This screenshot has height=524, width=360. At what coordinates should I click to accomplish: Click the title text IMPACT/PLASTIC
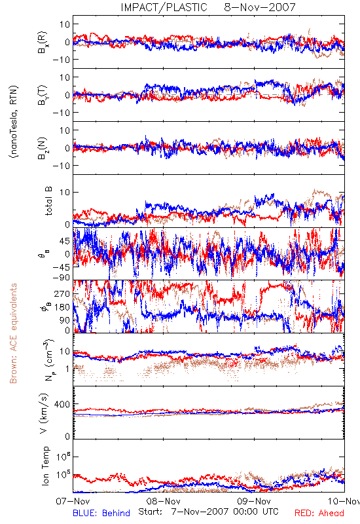pyautogui.click(x=164, y=7)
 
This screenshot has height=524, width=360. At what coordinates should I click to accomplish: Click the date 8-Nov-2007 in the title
pyautogui.click(x=260, y=7)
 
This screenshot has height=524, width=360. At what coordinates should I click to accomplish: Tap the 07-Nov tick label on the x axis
pyautogui.click(x=73, y=501)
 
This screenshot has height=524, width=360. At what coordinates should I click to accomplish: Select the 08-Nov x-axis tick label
pyautogui.click(x=163, y=501)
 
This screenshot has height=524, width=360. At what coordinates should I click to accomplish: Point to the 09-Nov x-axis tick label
pyautogui.click(x=254, y=501)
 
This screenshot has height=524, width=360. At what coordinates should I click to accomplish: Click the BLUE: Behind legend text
pyautogui.click(x=101, y=513)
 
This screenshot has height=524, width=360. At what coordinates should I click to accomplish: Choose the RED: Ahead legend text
pyautogui.click(x=319, y=513)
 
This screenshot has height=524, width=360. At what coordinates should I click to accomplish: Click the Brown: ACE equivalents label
pyautogui.click(x=13, y=333)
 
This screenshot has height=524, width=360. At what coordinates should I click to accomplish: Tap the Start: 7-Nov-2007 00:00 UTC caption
pyautogui.click(x=208, y=512)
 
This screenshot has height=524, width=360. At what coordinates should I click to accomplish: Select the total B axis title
pyautogui.click(x=48, y=201)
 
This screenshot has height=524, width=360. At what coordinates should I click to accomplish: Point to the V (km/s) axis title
pyautogui.click(x=44, y=413)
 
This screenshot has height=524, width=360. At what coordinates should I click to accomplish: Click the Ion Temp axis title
pyautogui.click(x=45, y=466)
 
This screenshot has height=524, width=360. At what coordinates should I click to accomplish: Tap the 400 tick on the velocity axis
pyautogui.click(x=62, y=404)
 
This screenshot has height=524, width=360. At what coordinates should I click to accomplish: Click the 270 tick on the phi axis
pyautogui.click(x=62, y=293)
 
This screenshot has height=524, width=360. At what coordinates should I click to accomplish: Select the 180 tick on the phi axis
pyautogui.click(x=62, y=307)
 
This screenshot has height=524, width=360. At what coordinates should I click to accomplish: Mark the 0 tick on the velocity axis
pyautogui.click(x=67, y=436)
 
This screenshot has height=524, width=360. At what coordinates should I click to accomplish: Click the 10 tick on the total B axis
pyautogui.click(x=65, y=192)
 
